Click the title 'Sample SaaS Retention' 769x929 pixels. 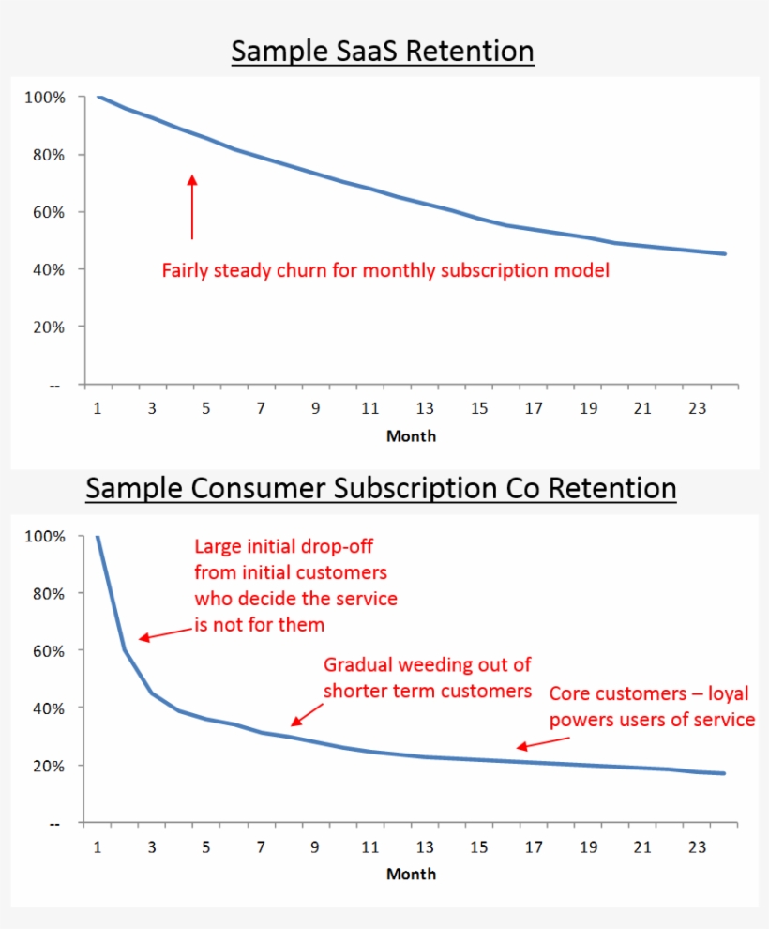tap(383, 51)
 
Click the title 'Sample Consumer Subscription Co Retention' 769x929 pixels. tap(381, 489)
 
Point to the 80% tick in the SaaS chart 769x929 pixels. tap(45, 155)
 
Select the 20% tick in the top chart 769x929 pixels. tap(45, 327)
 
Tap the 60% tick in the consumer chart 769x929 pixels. tap(45, 650)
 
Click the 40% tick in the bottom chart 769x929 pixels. tap(45, 708)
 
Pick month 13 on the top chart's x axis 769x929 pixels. tap(425, 408)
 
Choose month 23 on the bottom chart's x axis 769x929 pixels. tap(697, 846)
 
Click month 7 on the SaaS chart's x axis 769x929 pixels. tap(261, 408)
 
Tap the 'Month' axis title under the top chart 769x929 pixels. tap(411, 435)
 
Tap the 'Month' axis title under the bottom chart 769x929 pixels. tap(411, 874)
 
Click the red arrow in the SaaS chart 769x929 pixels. tap(192, 206)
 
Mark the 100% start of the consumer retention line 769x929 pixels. tap(98, 537)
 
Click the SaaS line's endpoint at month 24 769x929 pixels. tap(725, 253)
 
